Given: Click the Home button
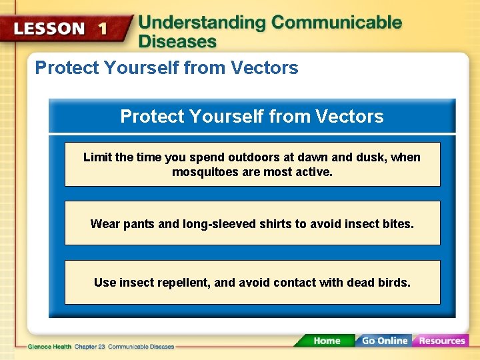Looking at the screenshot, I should (x=326, y=340).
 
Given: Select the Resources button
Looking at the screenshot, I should (x=441, y=340).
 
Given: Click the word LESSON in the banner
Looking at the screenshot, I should (x=49, y=29).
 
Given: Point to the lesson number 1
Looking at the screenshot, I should (x=102, y=29).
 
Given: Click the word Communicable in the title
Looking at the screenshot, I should (x=337, y=23).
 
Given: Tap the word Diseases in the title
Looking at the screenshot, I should (x=177, y=41).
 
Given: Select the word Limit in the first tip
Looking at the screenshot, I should (x=97, y=157).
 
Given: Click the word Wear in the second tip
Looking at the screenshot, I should (x=105, y=224).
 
